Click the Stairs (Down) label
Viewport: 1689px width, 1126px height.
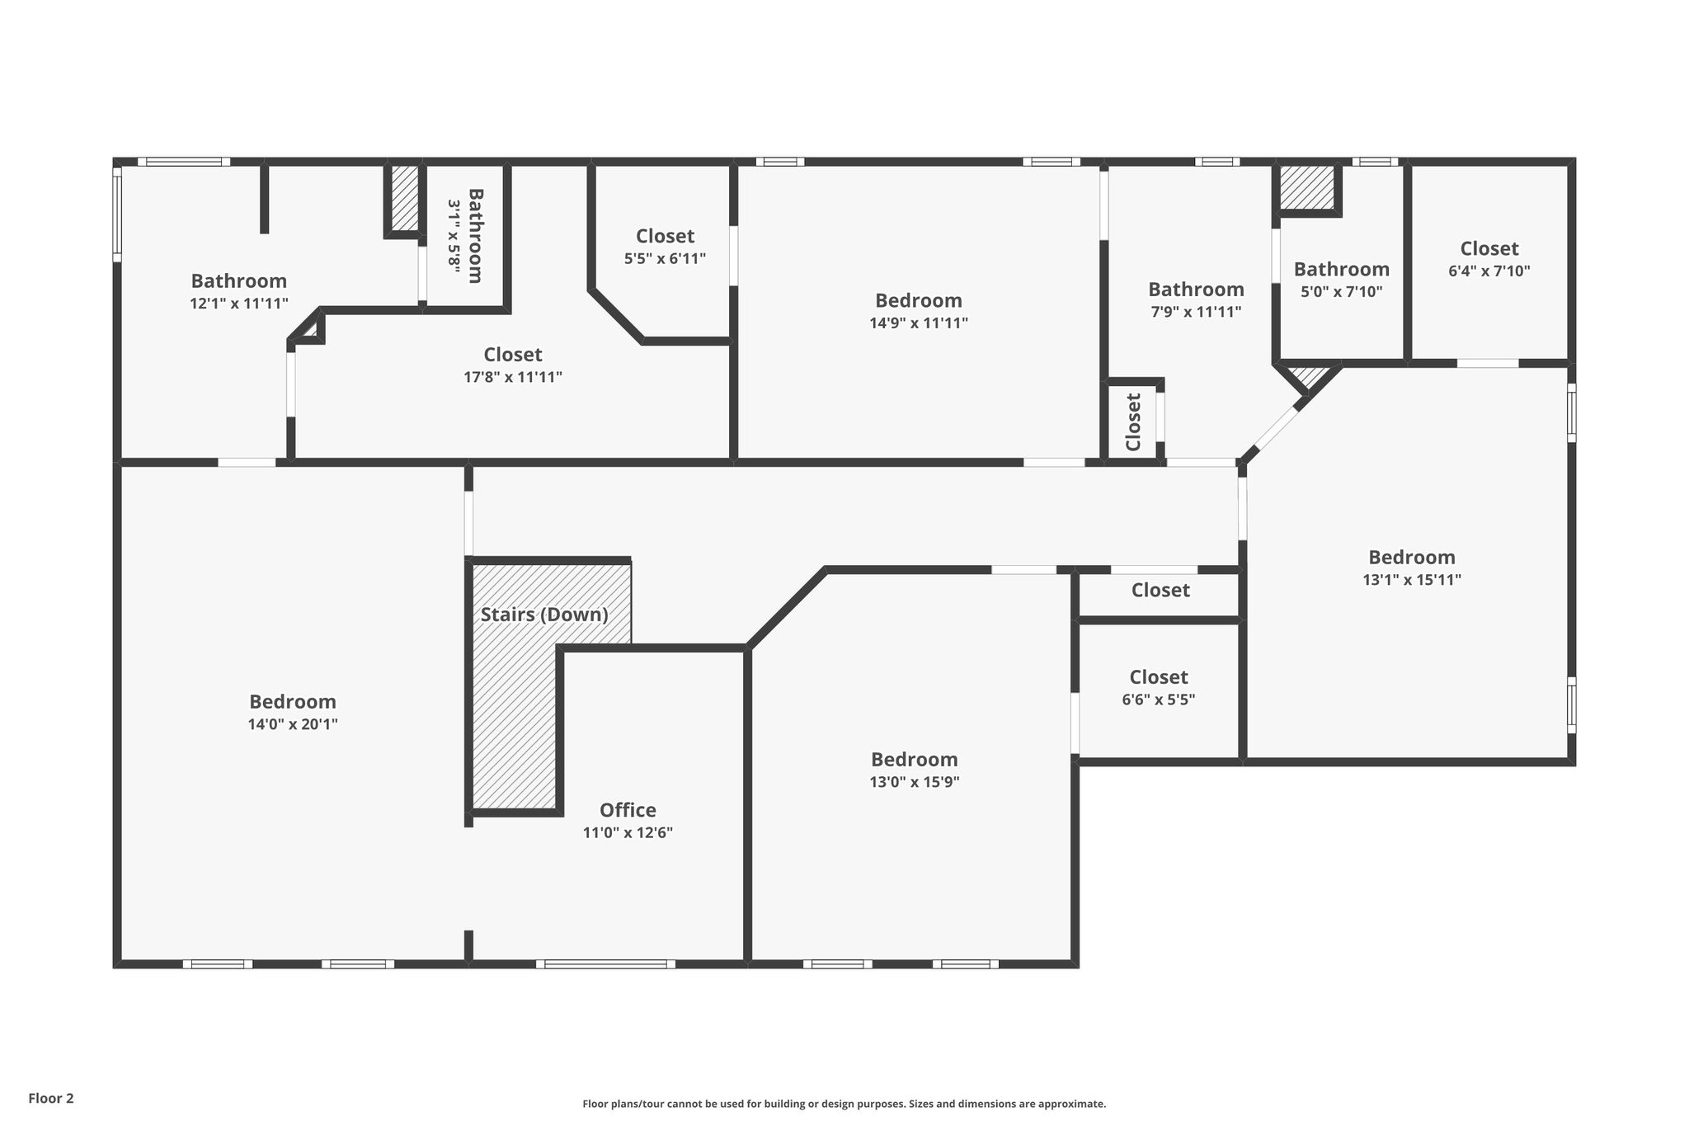pos(544,615)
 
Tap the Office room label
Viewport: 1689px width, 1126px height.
pos(628,810)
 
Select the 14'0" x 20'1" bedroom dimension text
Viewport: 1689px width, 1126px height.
pos(294,724)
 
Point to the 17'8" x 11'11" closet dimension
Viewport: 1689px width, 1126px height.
pos(513,377)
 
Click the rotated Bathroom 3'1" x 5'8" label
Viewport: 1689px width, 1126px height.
pos(465,236)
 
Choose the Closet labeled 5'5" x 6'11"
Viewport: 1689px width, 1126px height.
pos(665,237)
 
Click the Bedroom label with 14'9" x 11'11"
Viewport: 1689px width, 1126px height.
pos(919,300)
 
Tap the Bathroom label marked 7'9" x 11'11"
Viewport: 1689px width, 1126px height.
pos(1196,290)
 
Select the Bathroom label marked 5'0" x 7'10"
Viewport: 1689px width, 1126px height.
pos(1341,270)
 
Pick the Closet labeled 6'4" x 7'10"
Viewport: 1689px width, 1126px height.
pos(1489,248)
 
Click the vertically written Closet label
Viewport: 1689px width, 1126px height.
pos(1133,422)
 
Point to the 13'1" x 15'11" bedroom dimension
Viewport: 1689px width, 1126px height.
pos(1412,579)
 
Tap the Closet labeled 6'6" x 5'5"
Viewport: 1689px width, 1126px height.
pos(1159,677)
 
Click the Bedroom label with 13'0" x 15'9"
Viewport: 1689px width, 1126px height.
pos(915,760)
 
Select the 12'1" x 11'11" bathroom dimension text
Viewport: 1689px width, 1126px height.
pos(239,303)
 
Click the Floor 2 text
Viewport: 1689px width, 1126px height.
pos(51,1098)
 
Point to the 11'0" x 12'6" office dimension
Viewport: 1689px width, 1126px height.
pos(628,832)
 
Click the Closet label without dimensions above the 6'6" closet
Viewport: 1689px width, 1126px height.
pos(1160,590)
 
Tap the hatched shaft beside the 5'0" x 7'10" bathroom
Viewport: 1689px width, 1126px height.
pos(1307,187)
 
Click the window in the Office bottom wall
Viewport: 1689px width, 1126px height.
pos(605,963)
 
